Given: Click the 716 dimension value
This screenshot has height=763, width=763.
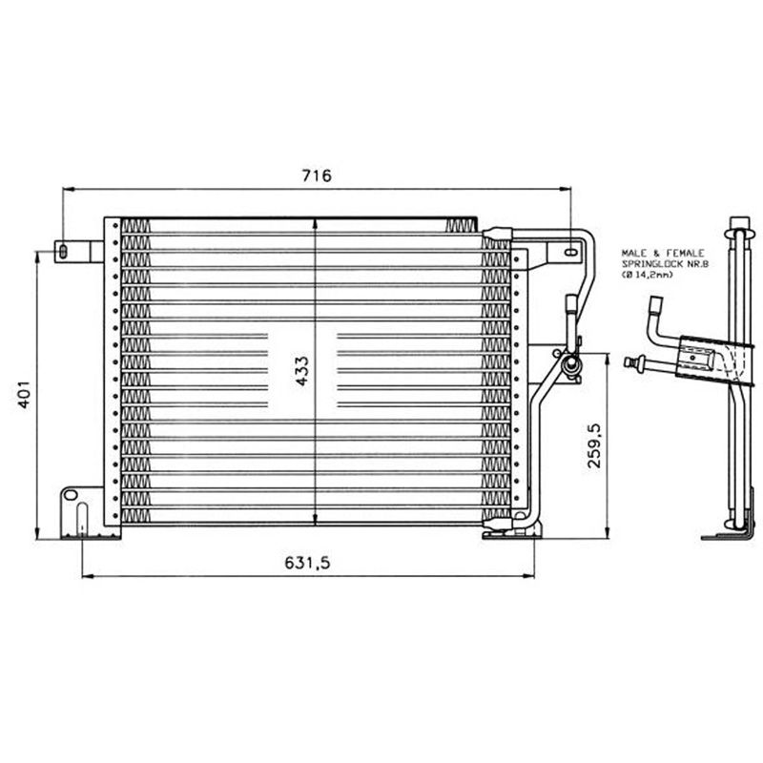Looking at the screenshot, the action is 317,175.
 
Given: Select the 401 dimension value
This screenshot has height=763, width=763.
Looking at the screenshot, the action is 25,394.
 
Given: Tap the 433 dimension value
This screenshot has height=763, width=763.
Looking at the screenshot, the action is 301,371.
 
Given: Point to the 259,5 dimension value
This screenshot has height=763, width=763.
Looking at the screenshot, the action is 594,445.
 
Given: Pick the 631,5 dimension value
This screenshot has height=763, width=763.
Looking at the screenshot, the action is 307,563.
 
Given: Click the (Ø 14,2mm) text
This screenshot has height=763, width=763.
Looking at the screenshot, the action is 648,275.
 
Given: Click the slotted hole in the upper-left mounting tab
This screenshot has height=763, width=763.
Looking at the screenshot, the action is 63,251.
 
